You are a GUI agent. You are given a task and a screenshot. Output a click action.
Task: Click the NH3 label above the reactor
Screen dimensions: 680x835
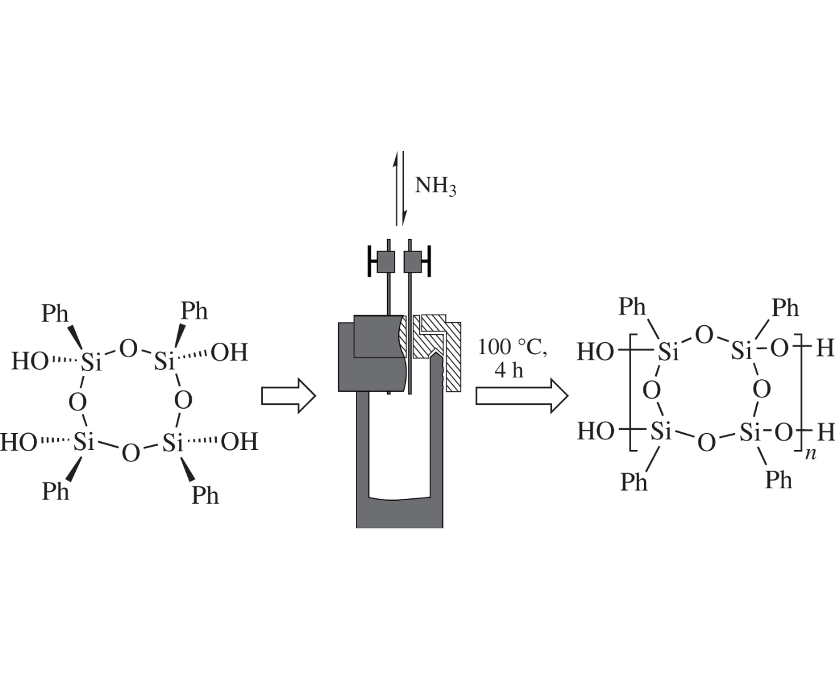[x=435, y=186]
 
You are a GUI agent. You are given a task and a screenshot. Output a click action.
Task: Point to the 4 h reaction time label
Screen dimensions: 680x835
[x=508, y=370]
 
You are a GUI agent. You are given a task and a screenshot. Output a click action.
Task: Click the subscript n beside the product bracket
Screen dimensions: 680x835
[x=811, y=453]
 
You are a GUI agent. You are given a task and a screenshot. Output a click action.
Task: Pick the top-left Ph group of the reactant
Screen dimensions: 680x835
[x=55, y=313]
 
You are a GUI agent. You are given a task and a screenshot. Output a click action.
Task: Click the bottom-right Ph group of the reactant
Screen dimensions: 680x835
[x=205, y=495]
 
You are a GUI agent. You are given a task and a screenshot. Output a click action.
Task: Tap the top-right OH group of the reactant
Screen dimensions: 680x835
[x=229, y=353]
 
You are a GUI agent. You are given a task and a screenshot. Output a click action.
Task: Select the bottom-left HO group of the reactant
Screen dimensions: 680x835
[x=19, y=442]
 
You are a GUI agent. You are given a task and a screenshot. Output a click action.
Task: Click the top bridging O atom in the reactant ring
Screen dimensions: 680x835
[x=128, y=348]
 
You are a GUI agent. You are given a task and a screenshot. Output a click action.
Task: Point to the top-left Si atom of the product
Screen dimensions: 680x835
[x=668, y=352]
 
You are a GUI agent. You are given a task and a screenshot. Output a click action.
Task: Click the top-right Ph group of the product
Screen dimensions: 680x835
[x=785, y=308]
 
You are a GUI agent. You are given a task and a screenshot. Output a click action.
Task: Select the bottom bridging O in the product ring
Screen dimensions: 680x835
[x=706, y=443]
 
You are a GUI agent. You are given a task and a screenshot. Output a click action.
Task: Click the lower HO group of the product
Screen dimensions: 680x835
[x=596, y=431]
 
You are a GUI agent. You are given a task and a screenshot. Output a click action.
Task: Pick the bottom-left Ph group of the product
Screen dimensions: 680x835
[x=634, y=482]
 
